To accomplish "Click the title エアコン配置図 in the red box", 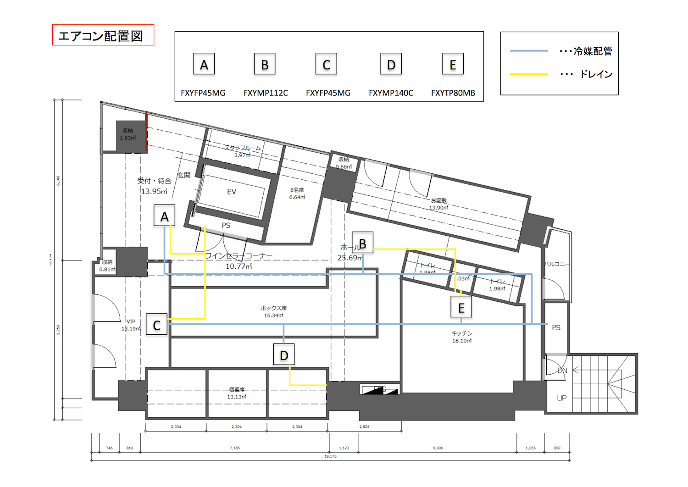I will (x=101, y=36).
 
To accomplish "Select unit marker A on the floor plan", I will (x=164, y=216).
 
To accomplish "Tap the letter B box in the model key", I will (x=265, y=64).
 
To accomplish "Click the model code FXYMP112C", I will (x=266, y=93).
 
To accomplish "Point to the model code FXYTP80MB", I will (x=453, y=93).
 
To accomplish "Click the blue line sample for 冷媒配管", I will (x=529, y=51).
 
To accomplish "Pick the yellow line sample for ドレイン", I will (x=529, y=74).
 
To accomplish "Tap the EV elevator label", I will (x=232, y=192).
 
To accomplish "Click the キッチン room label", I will (x=461, y=333).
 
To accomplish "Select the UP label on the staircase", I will (x=561, y=398).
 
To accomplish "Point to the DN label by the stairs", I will (x=562, y=371).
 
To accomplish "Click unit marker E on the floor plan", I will (x=461, y=308).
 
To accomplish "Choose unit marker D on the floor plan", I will (x=284, y=355).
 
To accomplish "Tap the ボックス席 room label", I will (x=273, y=308).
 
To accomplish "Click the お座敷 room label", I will (x=438, y=200).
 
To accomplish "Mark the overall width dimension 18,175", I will (x=330, y=456).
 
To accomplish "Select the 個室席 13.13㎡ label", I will (x=237, y=393).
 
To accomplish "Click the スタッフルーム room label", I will (x=242, y=148).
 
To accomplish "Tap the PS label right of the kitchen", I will (x=556, y=327).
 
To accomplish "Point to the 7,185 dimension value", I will (x=234, y=448).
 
